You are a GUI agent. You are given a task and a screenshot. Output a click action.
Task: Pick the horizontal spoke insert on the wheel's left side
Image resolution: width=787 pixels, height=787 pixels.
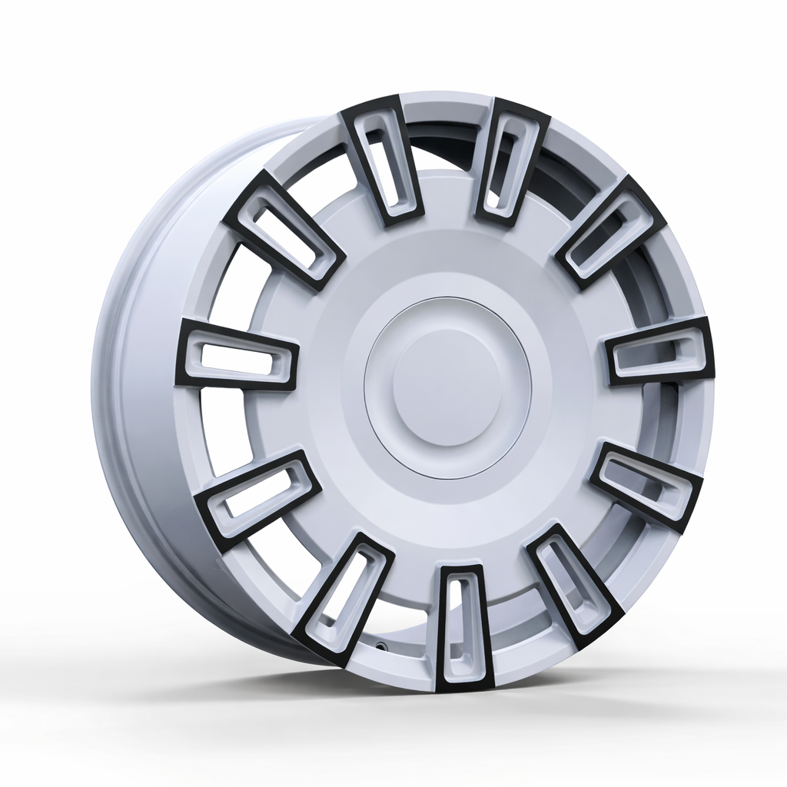237,354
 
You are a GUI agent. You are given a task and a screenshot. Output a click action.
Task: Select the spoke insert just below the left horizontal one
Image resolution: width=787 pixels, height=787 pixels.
258,495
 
